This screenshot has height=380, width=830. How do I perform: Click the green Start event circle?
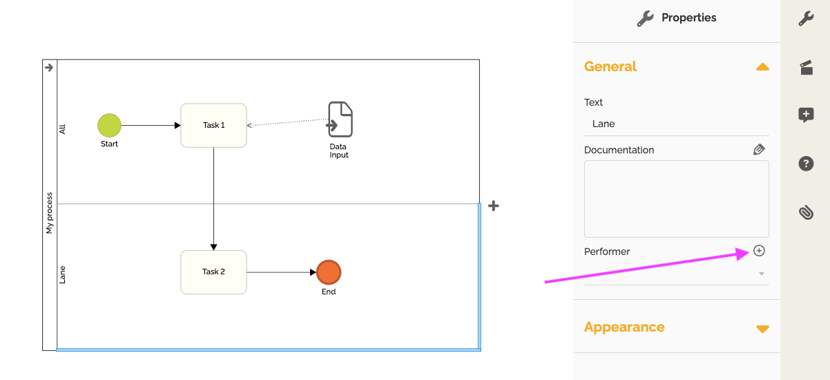pos(109,125)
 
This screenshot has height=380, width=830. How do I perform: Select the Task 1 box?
pos(213,125)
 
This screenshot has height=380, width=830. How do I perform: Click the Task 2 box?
pos(213,272)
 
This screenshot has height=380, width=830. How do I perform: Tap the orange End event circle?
pos(329,272)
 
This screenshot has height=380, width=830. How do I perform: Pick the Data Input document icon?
pos(340,119)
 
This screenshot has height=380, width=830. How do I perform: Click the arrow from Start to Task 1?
pos(151,125)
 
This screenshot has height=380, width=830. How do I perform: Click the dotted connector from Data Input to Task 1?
pos(287,122)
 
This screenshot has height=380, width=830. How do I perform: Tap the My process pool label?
pos(50,213)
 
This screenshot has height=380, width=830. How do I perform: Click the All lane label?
pos(63,129)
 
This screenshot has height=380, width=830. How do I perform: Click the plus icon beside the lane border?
pos(494,205)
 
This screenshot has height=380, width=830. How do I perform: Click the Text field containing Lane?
pos(676,124)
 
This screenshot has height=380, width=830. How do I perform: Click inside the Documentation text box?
pos(676,199)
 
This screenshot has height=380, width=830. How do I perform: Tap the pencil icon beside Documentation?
pos(759,149)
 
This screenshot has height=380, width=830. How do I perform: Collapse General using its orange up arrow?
pos(762,67)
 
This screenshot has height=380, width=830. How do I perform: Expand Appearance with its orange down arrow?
pos(762,328)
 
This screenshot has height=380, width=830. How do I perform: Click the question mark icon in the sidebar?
pos(806,164)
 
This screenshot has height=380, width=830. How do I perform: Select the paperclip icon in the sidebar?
pos(806,212)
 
